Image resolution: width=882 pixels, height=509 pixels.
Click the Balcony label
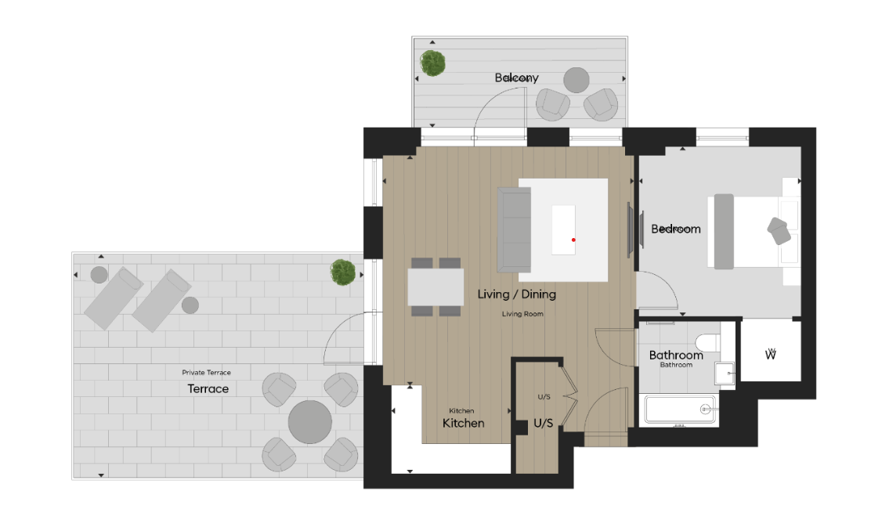[516, 78]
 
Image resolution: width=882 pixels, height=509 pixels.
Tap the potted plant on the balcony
[432, 63]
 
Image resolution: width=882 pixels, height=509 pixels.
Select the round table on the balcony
[577, 80]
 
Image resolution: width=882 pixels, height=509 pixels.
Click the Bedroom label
[675, 229]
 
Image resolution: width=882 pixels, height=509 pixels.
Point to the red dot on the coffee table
[573, 240]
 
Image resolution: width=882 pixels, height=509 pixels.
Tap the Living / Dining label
[516, 294]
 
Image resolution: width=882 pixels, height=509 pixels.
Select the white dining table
[436, 287]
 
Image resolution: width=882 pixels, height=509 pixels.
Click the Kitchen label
[463, 423]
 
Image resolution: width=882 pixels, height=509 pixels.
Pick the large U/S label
[544, 423]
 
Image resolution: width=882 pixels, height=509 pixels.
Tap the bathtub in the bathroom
[679, 409]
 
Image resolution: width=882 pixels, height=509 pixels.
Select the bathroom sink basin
[725, 374]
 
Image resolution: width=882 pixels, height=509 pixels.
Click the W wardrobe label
[770, 355]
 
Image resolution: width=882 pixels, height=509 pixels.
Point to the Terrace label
[208, 388]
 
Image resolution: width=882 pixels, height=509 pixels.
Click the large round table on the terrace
[310, 423]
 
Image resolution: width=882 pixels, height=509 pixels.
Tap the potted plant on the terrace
[342, 273]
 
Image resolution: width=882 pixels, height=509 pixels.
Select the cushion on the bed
[778, 230]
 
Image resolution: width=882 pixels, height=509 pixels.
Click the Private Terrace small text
[206, 373]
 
